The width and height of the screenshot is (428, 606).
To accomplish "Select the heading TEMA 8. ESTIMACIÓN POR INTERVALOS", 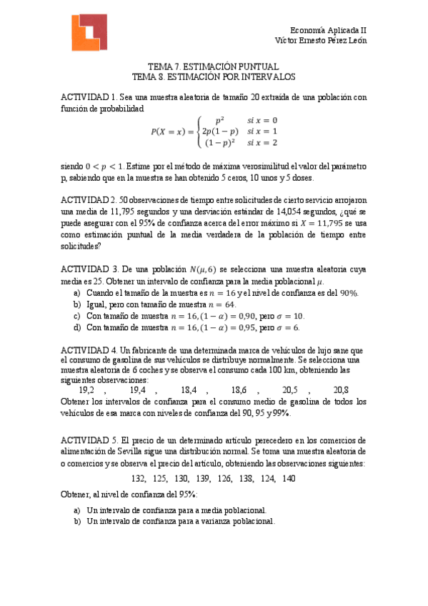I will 214,76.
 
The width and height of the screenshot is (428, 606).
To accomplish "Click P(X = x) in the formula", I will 171,131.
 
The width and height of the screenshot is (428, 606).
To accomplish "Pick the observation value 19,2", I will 86,390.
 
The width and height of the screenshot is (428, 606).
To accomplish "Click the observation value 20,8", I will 341,390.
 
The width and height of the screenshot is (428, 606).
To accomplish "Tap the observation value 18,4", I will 189,390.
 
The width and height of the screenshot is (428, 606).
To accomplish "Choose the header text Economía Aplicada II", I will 332,30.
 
